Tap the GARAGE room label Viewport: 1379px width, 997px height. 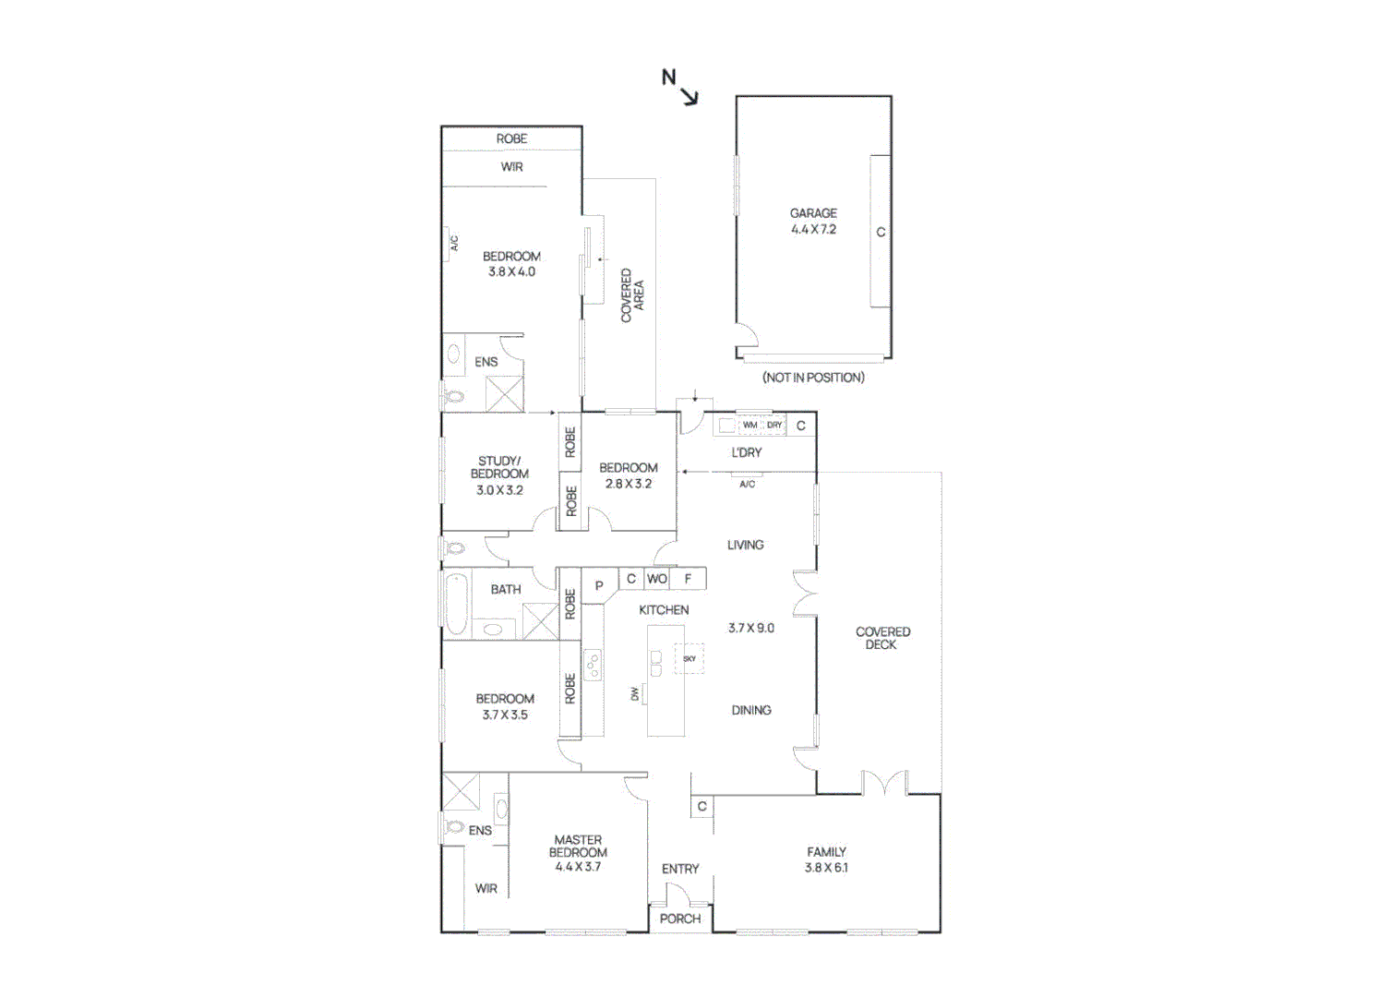tap(813, 212)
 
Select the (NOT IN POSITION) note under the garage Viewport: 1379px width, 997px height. tap(813, 378)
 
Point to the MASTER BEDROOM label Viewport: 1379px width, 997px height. tap(578, 847)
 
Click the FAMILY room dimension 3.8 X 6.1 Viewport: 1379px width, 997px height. tap(826, 868)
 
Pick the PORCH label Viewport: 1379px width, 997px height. tap(680, 919)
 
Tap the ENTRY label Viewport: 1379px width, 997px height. tap(680, 869)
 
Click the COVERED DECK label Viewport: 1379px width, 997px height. tap(882, 638)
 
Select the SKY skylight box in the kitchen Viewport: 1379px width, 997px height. tap(689, 658)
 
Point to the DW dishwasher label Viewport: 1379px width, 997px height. tap(635, 693)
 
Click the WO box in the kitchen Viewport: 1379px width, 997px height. tap(657, 579)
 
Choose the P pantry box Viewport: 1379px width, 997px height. tap(599, 585)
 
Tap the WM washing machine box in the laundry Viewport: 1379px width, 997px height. tap(749, 426)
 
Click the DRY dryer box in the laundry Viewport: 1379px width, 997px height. tap(774, 426)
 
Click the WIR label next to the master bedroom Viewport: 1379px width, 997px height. tap(486, 888)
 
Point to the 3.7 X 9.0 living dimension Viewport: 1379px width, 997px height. tap(751, 628)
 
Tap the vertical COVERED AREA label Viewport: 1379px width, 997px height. tap(632, 295)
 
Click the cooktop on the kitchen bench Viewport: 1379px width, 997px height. tap(593, 665)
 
